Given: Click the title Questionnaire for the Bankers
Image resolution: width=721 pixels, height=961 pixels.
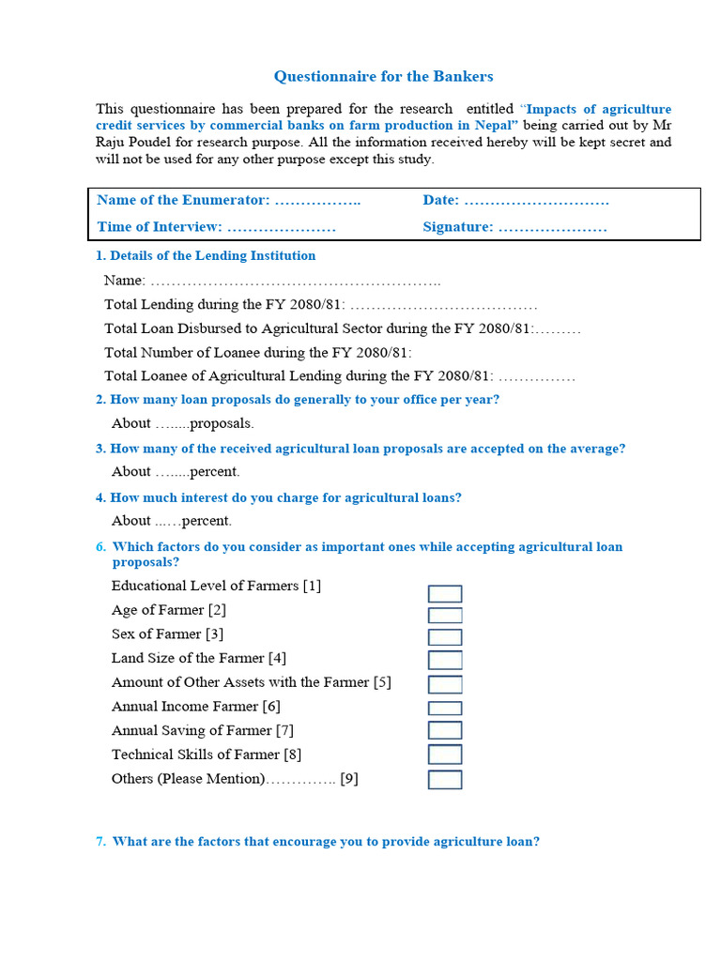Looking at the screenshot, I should [383, 77].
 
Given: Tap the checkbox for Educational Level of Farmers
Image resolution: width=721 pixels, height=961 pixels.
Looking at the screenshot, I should [445, 594].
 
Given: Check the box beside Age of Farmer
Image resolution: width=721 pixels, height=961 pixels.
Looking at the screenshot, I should [445, 616].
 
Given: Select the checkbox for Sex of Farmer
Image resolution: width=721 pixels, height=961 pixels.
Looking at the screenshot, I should [445, 638].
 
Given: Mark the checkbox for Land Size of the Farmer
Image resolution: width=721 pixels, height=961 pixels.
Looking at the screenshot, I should [445, 661].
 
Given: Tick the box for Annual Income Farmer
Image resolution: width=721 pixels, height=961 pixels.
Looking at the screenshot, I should [445, 709].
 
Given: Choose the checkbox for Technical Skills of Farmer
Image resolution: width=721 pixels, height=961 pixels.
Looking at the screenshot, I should [445, 755].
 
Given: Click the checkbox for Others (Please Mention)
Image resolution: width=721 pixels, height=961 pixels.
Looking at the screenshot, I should [445, 780].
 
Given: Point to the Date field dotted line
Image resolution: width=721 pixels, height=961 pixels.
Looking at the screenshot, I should [536, 201].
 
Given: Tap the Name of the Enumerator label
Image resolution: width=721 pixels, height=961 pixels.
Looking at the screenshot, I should [183, 200].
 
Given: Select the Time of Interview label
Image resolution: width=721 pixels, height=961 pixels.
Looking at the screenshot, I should [160, 227].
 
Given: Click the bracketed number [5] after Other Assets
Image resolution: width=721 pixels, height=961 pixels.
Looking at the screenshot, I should [382, 682].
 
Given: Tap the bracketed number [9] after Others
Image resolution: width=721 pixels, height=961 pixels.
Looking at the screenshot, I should [349, 779].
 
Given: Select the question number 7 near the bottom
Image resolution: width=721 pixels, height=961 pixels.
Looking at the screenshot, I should [100, 842].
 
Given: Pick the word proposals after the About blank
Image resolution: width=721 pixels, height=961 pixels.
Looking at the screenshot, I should [222, 423].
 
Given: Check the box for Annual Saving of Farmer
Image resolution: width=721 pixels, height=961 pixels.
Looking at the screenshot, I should [445, 731].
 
